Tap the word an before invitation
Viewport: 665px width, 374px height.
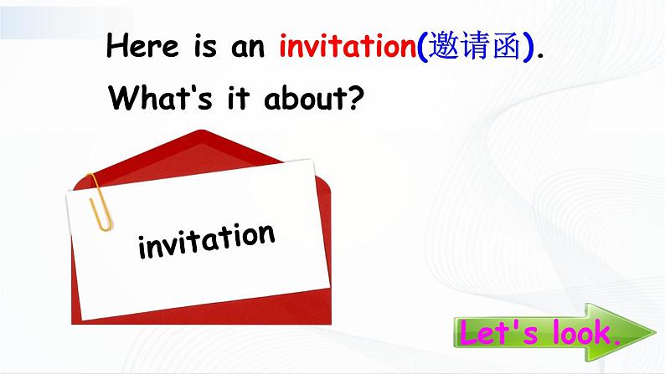click(250, 47)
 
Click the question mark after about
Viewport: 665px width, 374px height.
click(354, 99)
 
